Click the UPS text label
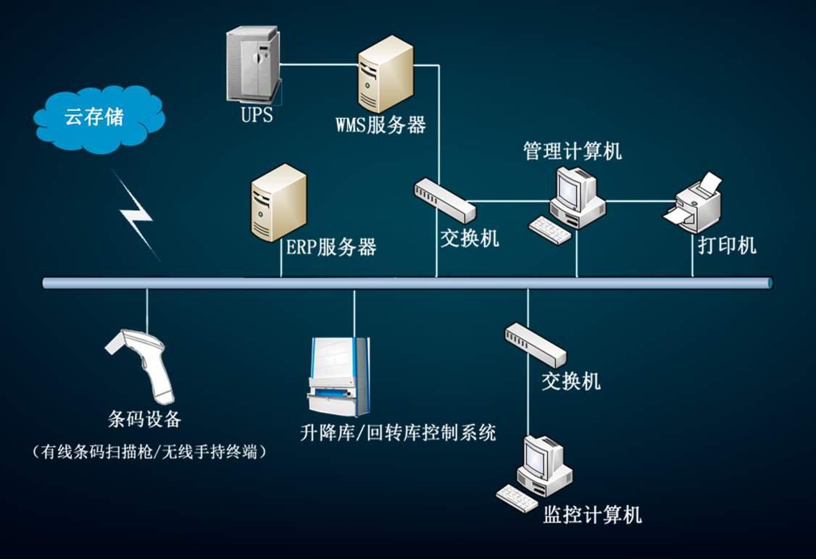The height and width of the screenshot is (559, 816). pyautogui.click(x=257, y=114)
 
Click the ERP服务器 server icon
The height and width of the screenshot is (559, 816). pyautogui.click(x=278, y=202)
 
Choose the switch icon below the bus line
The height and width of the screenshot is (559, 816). pyautogui.click(x=536, y=343)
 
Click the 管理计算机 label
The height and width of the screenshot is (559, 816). pyautogui.click(x=573, y=151)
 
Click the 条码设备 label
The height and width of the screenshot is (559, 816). pyautogui.click(x=144, y=419)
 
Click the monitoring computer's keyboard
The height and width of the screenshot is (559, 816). pyautogui.click(x=517, y=497)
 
